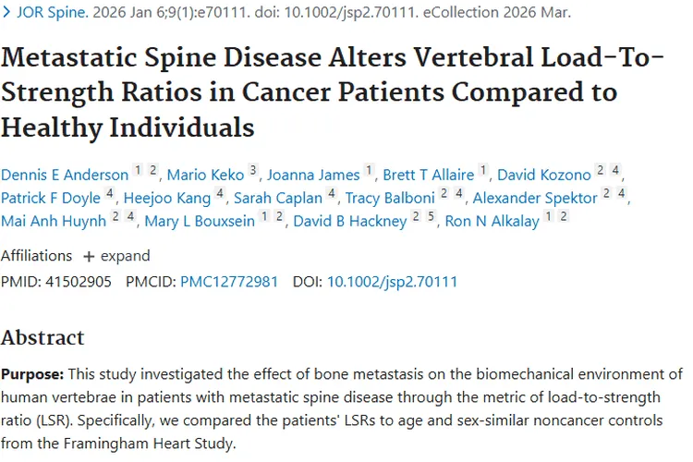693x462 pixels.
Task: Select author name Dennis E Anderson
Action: [64, 175]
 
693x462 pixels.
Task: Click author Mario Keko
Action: [205, 175]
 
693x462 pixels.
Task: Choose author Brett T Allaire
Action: [429, 175]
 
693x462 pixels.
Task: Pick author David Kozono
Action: [542, 175]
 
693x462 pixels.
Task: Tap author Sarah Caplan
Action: [278, 198]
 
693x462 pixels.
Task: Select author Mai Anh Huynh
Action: [53, 222]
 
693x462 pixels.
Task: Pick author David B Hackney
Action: [350, 222]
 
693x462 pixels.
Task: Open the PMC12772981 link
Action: [229, 282]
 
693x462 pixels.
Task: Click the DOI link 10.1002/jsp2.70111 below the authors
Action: [392, 282]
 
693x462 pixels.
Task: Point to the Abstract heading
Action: [43, 337]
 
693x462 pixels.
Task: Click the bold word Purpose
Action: [32, 375]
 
